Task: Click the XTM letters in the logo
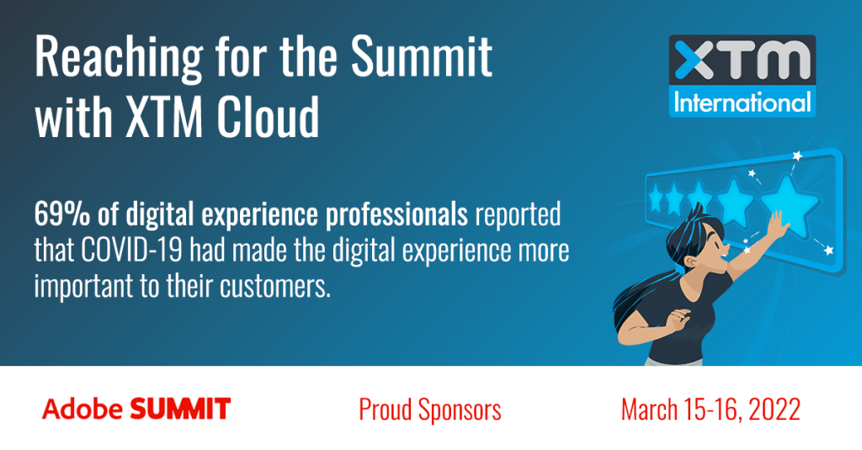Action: point(740,63)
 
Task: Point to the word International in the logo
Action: point(741,102)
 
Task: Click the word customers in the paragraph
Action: point(278,286)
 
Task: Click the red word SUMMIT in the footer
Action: point(179,410)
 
